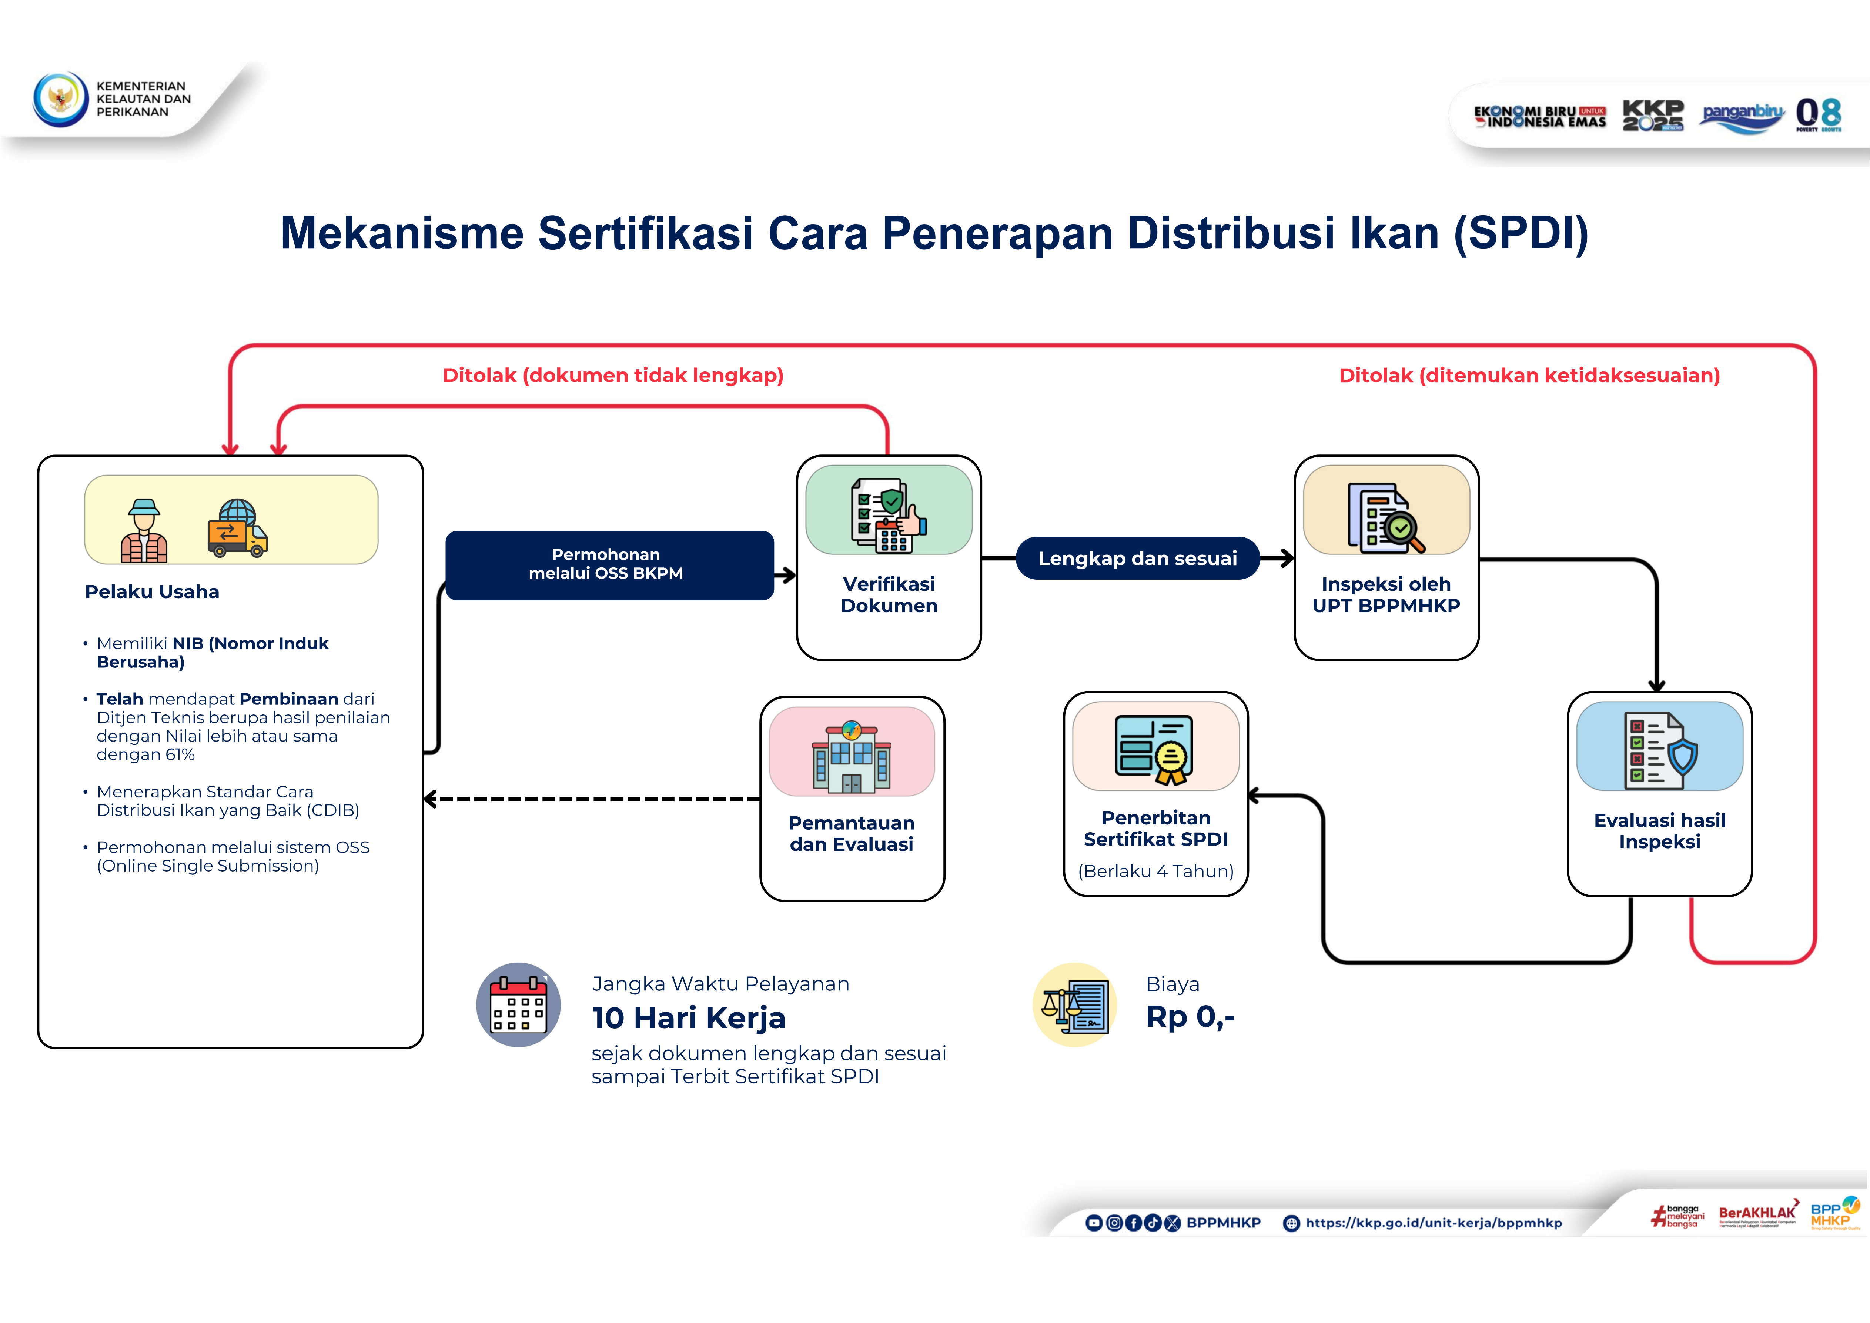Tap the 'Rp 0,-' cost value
coord(1190,1017)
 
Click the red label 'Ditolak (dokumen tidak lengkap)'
coord(612,376)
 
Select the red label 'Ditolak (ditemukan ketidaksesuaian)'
coord(1529,376)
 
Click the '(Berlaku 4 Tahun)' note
coord(1155,871)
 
